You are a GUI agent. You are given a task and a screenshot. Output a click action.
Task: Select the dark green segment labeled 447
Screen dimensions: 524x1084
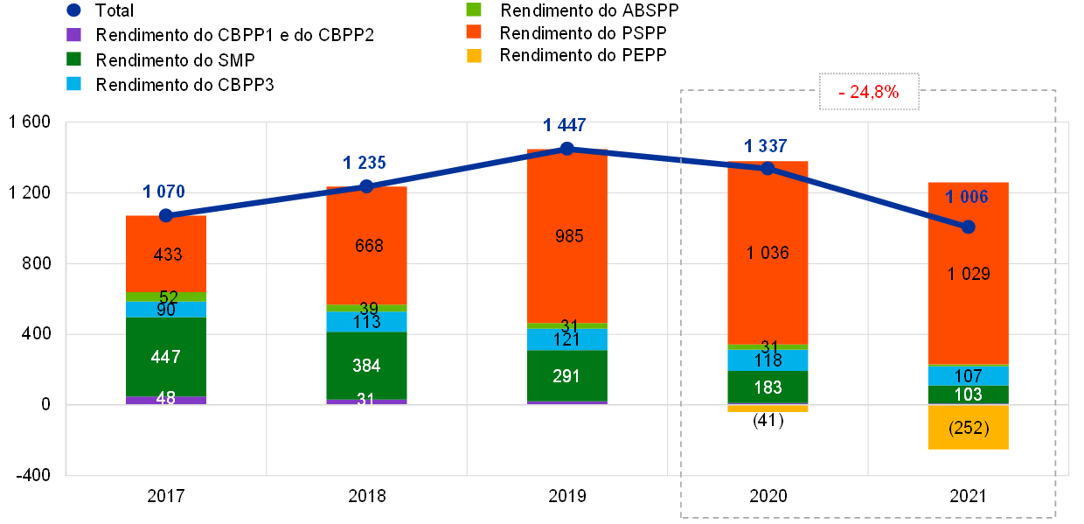pos(166,357)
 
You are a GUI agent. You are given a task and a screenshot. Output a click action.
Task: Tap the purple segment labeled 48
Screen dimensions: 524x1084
pos(166,400)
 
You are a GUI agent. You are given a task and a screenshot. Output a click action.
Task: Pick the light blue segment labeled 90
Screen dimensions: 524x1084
pos(166,310)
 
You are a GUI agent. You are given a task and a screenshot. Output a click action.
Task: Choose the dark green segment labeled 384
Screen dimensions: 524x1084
pos(366,366)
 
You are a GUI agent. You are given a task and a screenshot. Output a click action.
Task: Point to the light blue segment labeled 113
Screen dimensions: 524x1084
pos(366,322)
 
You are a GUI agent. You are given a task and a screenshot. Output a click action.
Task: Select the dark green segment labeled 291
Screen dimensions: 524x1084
pos(567,376)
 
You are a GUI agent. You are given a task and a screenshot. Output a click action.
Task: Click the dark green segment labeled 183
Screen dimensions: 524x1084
pos(768,388)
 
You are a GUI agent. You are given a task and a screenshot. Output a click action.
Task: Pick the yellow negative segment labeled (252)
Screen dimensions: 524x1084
pos(968,428)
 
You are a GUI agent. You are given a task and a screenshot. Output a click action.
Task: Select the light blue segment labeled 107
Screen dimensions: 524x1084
pos(968,376)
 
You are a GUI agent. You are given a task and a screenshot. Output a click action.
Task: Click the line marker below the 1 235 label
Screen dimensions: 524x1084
pos(366,186)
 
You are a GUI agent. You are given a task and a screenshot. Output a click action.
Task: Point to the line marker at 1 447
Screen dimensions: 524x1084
pos(567,149)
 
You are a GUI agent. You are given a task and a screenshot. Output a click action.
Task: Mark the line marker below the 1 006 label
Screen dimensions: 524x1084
pos(968,227)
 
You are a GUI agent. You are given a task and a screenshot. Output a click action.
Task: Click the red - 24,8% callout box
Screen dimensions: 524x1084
pos(869,91)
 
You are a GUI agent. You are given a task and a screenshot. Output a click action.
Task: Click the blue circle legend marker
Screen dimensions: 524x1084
pos(74,10)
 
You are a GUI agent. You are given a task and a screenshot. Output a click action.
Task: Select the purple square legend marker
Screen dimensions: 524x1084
pos(74,35)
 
